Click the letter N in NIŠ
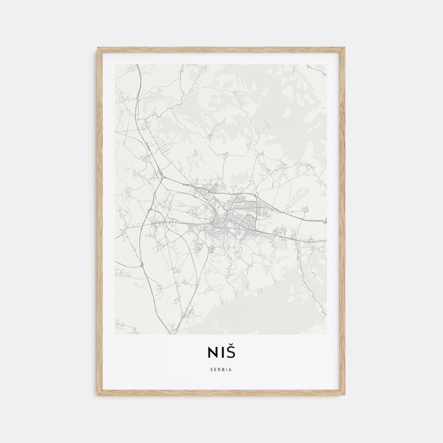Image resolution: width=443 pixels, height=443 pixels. coord(212,353)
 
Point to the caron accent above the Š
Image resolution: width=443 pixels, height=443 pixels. coord(231,347)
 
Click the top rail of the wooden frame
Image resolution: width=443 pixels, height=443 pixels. coord(221,50)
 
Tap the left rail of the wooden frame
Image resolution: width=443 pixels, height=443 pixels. coord(100,221)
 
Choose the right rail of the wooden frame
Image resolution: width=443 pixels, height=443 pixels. coord(343,221)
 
